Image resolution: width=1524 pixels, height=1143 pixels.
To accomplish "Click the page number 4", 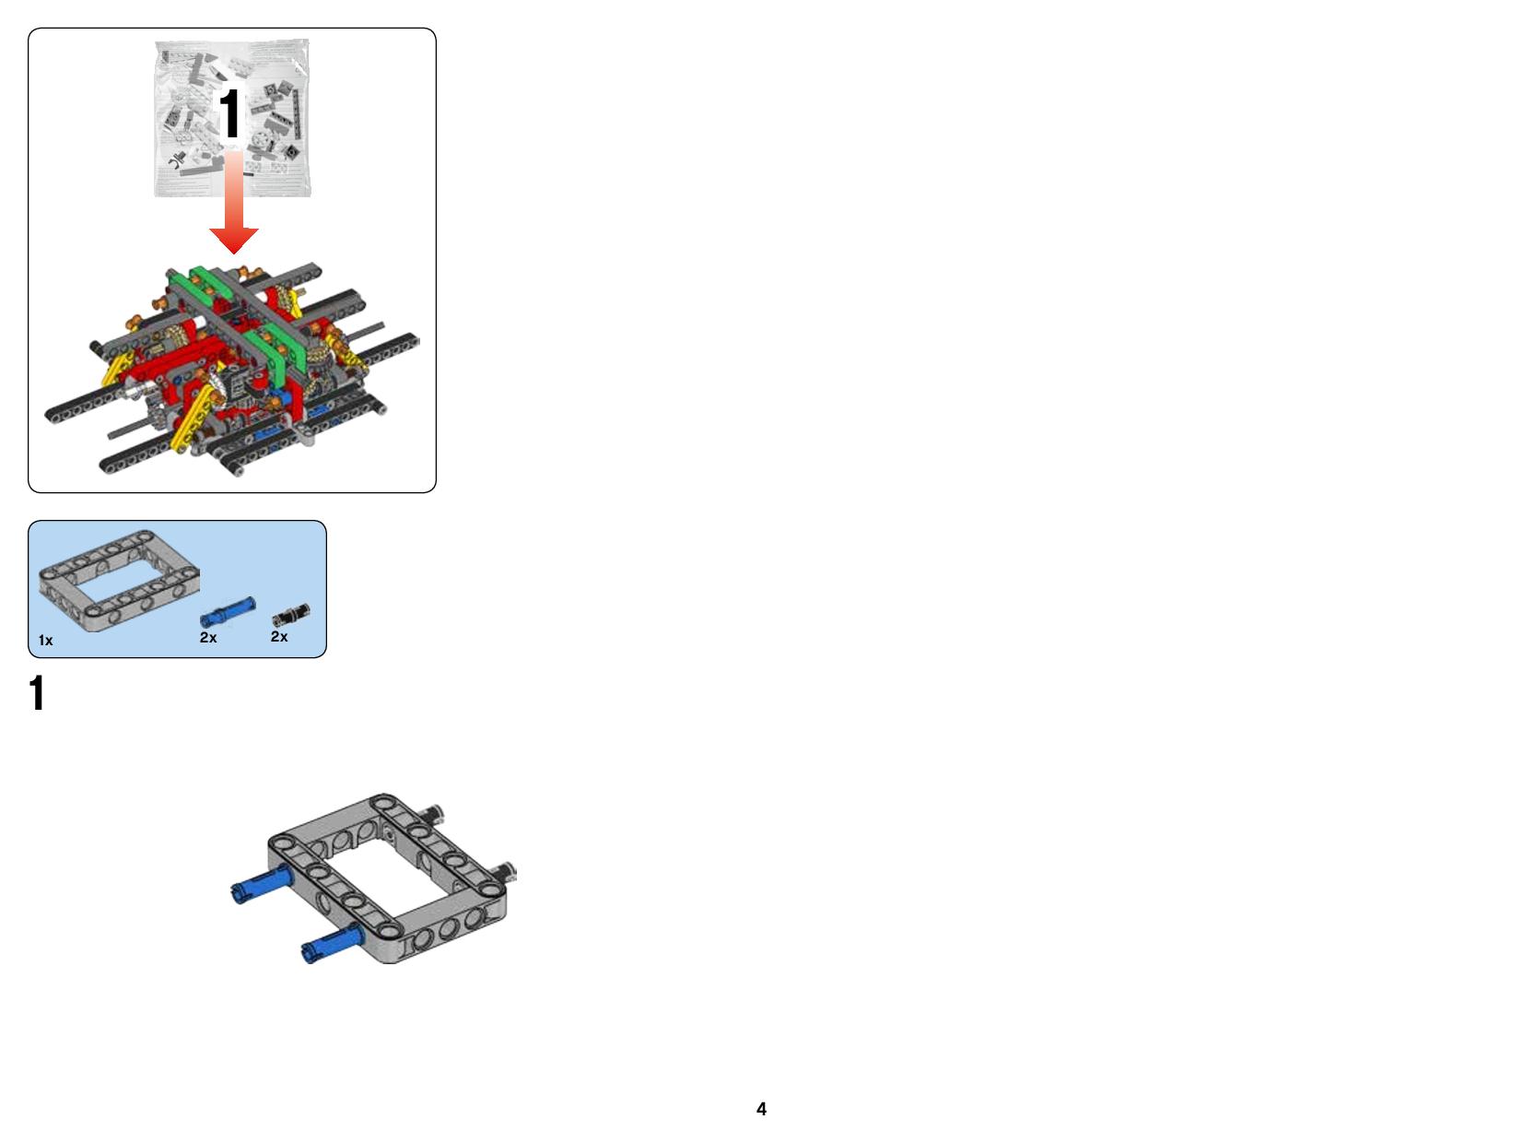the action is [x=761, y=1109].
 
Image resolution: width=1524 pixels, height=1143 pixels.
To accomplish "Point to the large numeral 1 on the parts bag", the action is [x=229, y=113].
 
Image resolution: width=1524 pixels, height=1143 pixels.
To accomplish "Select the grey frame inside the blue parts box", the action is [x=120, y=581].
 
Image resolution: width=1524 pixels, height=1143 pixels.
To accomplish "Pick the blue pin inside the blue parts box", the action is [x=228, y=612].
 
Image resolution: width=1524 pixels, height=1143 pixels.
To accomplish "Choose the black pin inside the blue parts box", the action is [x=291, y=615].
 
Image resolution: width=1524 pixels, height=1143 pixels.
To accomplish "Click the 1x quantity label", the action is [x=46, y=641].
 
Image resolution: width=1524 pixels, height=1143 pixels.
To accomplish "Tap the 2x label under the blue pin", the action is [x=208, y=638].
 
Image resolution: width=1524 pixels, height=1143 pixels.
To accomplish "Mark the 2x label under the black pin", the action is [x=279, y=637].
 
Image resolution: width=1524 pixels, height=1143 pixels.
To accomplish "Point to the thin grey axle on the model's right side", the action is [x=364, y=333].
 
